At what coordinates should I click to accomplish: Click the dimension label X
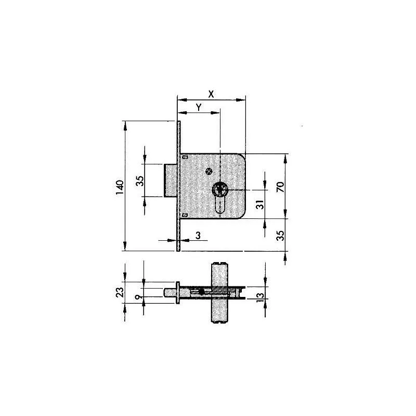[211, 94]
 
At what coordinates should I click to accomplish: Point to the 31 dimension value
[259, 204]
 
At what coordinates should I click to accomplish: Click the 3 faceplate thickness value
[198, 236]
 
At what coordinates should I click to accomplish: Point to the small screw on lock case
[209, 172]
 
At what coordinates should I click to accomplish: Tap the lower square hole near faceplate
[185, 214]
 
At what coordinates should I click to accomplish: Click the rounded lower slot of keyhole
[220, 208]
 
